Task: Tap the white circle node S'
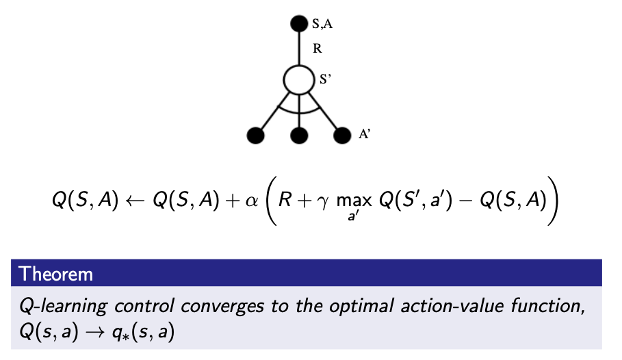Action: (299, 80)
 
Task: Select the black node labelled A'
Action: (341, 135)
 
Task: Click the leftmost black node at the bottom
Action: (256, 135)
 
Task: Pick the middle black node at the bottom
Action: (299, 135)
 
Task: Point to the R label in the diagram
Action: (317, 49)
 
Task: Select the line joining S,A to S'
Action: (299, 48)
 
